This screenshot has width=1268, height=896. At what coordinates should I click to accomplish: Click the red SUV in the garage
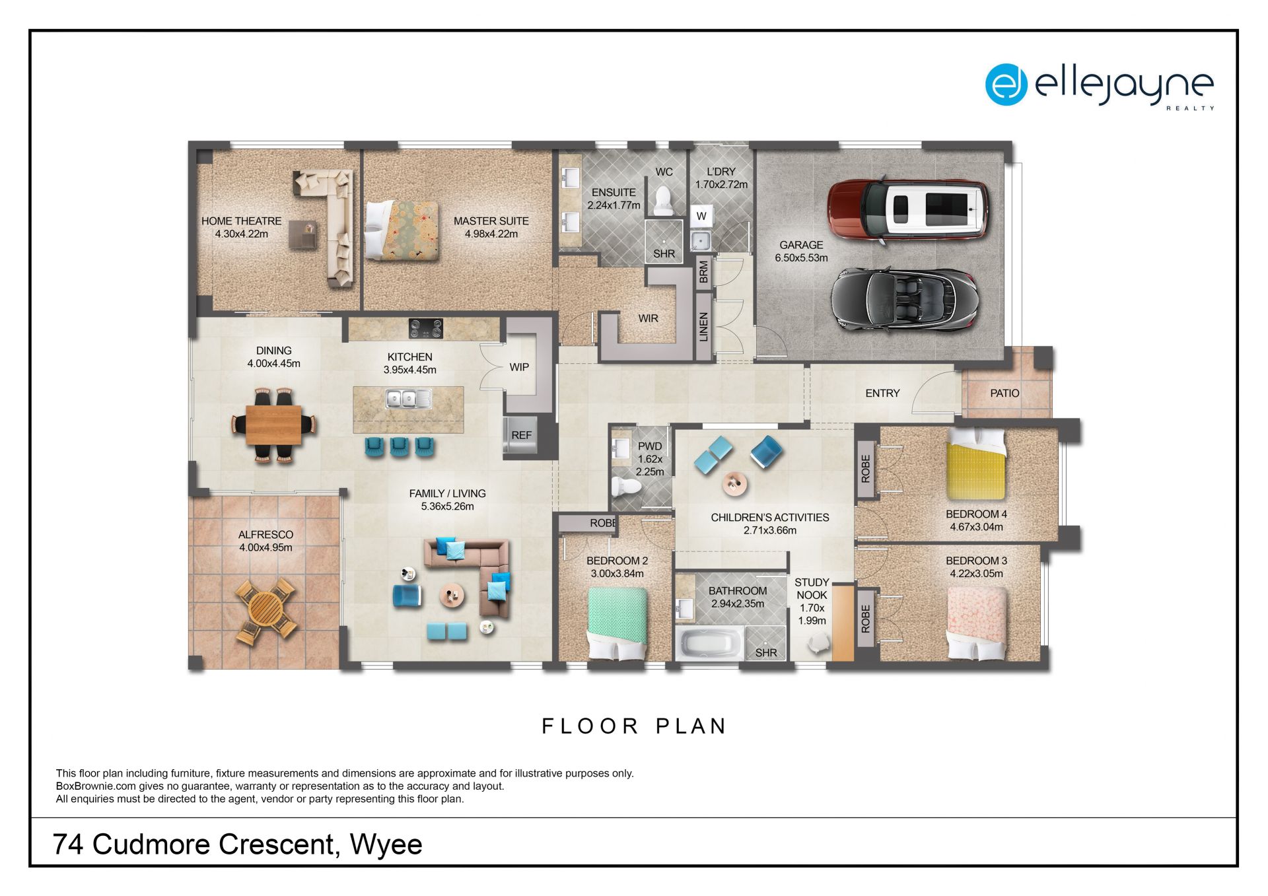pos(909,209)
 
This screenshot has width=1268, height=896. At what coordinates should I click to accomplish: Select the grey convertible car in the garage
pos(903,299)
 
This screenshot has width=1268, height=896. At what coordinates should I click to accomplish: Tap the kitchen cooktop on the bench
pos(425,327)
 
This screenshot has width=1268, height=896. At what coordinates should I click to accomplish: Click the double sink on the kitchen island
pos(408,399)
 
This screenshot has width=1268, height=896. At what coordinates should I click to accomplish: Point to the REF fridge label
pos(521,435)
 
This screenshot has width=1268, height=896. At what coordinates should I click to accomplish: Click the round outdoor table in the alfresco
pos(265,609)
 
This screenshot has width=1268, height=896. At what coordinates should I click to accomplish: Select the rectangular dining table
pos(273,425)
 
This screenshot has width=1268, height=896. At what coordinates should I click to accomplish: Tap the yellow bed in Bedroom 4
pos(976,464)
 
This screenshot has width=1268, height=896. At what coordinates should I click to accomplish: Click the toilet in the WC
pos(663,200)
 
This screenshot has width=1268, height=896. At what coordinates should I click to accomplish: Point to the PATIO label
pos(1004,393)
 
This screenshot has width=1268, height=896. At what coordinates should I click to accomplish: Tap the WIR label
pos(648,318)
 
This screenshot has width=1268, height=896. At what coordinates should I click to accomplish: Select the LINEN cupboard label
pos(703,327)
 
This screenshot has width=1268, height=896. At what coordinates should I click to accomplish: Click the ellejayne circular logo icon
pos(1006,85)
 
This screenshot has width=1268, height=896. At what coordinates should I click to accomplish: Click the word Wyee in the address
pos(386,844)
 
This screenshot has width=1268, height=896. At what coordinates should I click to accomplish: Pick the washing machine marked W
pos(701,216)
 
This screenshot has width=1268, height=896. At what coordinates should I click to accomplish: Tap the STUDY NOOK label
pos(812,588)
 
